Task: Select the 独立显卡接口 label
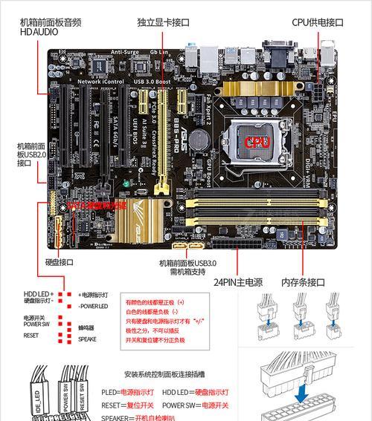click(x=163, y=22)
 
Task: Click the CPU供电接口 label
click(x=318, y=22)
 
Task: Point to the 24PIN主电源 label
click(x=238, y=282)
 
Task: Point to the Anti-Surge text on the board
click(x=125, y=52)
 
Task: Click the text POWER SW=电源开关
click(x=197, y=405)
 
